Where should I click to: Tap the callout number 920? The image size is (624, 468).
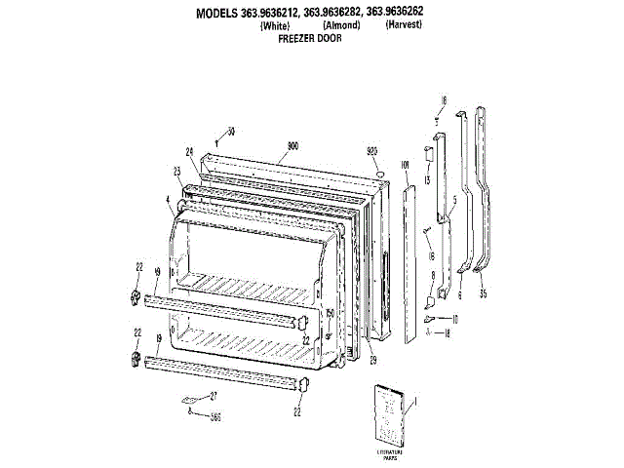click(371, 151)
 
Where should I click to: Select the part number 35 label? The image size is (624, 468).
click(482, 291)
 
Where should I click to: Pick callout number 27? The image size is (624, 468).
click(214, 396)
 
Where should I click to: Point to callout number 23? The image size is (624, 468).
click(177, 171)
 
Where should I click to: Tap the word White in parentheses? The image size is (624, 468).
click(276, 26)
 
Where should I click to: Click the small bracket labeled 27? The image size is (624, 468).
click(191, 399)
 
